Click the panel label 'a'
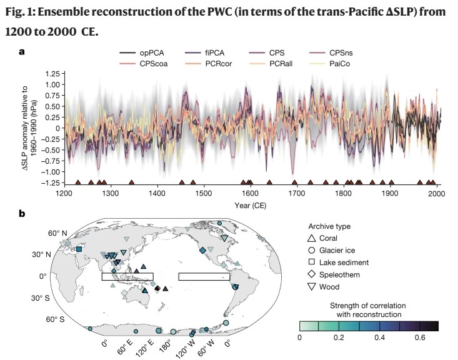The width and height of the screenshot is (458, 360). pyautogui.click(x=21, y=52)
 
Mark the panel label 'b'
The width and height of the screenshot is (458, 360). pyautogui.click(x=22, y=213)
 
